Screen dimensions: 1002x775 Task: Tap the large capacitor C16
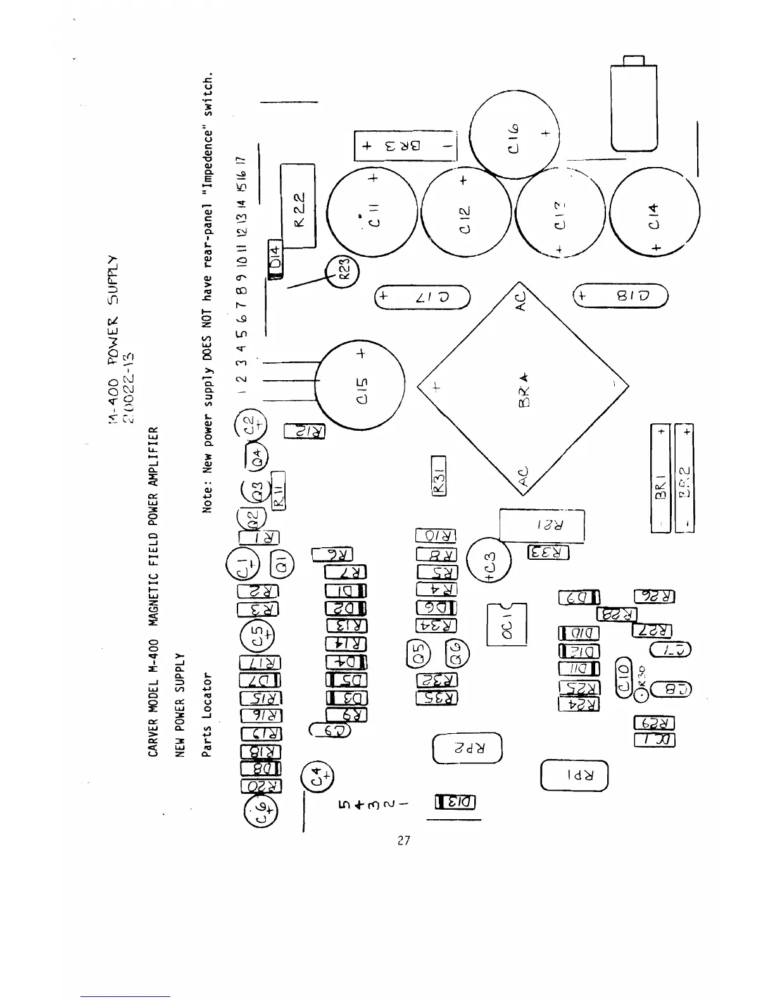pos(515,133)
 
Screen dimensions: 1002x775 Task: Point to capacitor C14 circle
pos(655,216)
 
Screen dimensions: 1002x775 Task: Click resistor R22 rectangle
pos(298,206)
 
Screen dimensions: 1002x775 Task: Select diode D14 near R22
pos(275,260)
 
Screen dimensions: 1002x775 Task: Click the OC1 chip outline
pos(507,624)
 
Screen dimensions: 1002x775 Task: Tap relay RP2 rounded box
pos(467,748)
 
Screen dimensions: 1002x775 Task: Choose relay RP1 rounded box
pos(575,775)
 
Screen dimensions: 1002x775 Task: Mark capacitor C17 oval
pos(422,297)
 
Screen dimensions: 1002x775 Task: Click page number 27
pos(404,841)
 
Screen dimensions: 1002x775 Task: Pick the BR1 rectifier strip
pos(660,479)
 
